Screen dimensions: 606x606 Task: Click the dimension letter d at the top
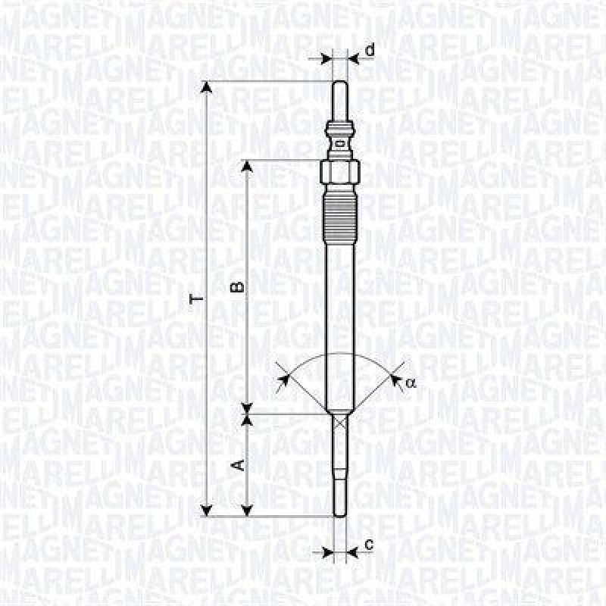(370, 51)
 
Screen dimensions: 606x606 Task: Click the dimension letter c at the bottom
(369, 544)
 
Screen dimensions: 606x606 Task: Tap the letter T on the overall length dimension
(196, 298)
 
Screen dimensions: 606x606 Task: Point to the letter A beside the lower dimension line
(236, 464)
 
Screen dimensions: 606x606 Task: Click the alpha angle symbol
(411, 383)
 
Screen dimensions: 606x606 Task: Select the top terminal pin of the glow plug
(340, 98)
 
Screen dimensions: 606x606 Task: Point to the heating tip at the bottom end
(340, 500)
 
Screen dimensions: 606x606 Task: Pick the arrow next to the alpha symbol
(395, 376)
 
